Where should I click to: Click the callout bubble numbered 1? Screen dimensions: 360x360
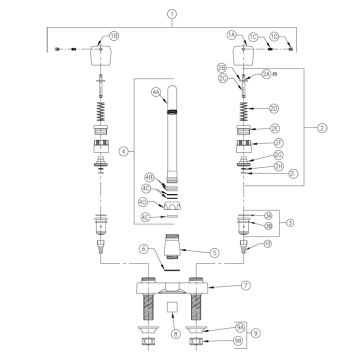(x=172, y=14)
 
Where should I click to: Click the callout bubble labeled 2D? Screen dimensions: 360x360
(x=274, y=108)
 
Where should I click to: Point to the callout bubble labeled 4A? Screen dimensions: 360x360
(x=156, y=91)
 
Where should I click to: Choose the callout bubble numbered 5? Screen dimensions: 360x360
(x=212, y=252)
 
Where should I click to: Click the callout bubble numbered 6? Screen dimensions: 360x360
(x=144, y=247)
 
